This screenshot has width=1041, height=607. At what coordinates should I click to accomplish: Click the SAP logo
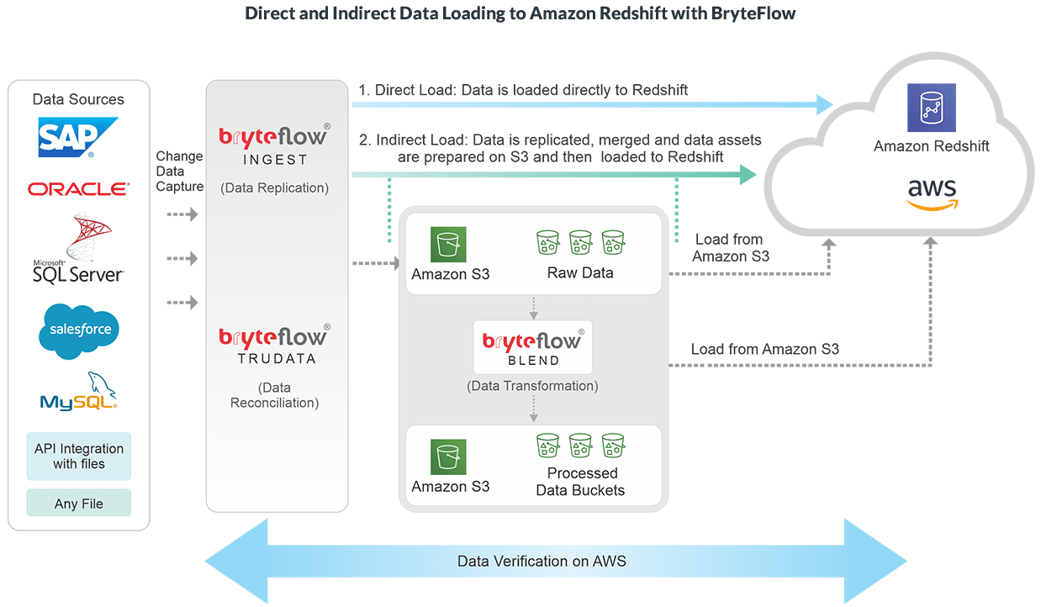pyautogui.click(x=78, y=137)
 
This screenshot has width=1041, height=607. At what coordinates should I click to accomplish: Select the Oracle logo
pyautogui.click(x=78, y=189)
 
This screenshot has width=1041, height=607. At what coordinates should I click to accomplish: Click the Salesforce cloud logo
pyautogui.click(x=79, y=329)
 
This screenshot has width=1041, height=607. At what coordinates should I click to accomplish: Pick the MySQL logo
pyautogui.click(x=78, y=392)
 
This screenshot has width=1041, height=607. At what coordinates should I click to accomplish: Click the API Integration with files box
pyautogui.click(x=78, y=457)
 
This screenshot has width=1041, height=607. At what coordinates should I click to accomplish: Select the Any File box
pyautogui.click(x=78, y=504)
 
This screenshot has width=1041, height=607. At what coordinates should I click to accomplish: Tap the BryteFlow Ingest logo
pyautogui.click(x=274, y=144)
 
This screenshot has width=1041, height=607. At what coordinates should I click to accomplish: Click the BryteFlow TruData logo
pyautogui.click(x=274, y=343)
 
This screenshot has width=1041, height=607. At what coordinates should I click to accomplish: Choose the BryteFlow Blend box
pyautogui.click(x=533, y=346)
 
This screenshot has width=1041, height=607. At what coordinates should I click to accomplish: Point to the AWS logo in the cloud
pyautogui.click(x=932, y=193)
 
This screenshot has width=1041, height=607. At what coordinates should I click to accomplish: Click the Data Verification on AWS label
pyautogui.click(x=542, y=561)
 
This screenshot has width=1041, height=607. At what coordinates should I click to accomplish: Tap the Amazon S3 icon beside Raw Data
pyautogui.click(x=448, y=245)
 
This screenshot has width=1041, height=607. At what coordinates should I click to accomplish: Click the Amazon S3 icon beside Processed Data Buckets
pyautogui.click(x=448, y=457)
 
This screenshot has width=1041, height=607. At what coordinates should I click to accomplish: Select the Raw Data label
pyautogui.click(x=580, y=273)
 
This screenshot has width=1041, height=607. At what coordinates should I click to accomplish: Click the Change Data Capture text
pyautogui.click(x=180, y=172)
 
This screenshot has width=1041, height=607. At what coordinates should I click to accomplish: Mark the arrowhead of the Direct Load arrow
pyautogui.click(x=823, y=104)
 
